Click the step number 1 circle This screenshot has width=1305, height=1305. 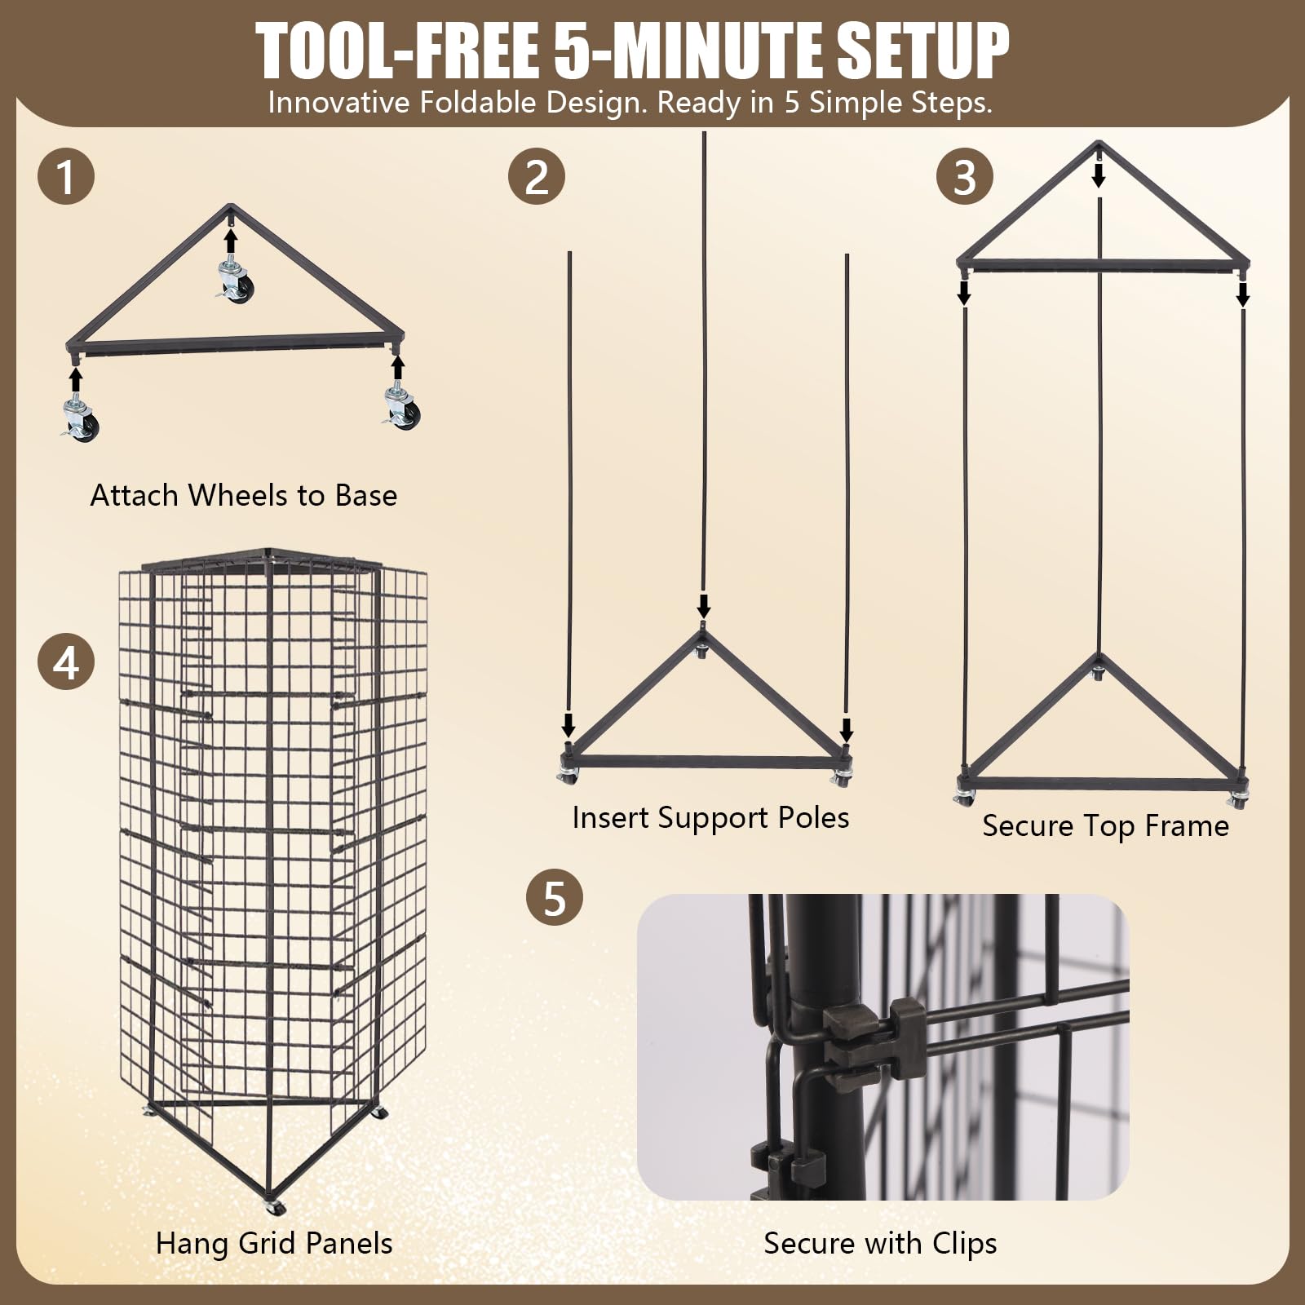point(66,176)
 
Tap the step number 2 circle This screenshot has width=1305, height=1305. point(537,176)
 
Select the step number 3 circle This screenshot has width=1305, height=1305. point(964,176)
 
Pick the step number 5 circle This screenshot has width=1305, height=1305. point(555,897)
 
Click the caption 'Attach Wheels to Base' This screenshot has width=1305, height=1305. point(243,495)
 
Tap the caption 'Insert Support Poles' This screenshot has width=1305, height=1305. point(710,818)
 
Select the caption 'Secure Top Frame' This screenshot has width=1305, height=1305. point(1105,826)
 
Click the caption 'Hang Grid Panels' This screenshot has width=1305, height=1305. point(274,1244)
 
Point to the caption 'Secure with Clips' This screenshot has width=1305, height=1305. point(880,1244)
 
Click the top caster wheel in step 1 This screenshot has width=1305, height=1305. point(235,281)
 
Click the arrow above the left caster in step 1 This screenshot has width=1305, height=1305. point(76,379)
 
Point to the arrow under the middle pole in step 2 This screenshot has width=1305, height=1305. point(704,605)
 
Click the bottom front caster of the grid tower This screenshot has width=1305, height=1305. point(274,1207)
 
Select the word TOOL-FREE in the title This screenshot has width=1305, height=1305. point(396,51)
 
